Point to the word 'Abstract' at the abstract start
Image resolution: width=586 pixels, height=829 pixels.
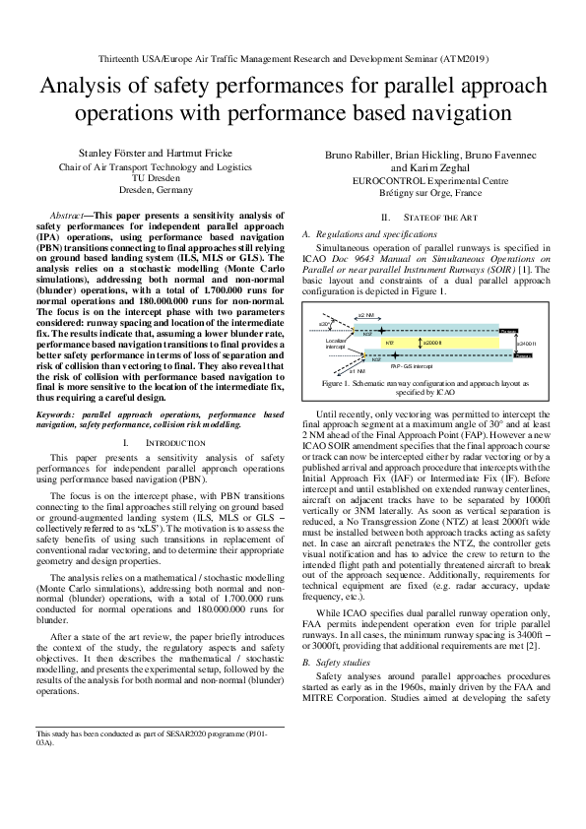(x=67, y=215)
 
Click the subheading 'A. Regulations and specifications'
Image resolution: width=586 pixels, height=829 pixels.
(x=369, y=235)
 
